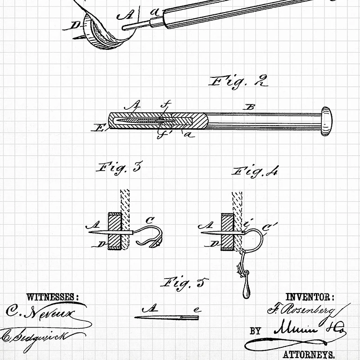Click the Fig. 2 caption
pyautogui.click(x=239, y=82)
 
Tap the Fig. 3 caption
pyautogui.click(x=119, y=169)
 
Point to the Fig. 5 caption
pyautogui.click(x=184, y=283)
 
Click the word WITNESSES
pyautogui.click(x=53, y=297)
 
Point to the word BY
pyautogui.click(x=255, y=331)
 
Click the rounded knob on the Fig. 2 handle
pyautogui.click(x=327, y=120)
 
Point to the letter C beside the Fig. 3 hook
pyautogui.click(x=151, y=220)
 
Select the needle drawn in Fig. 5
pyautogui.click(x=166, y=318)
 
